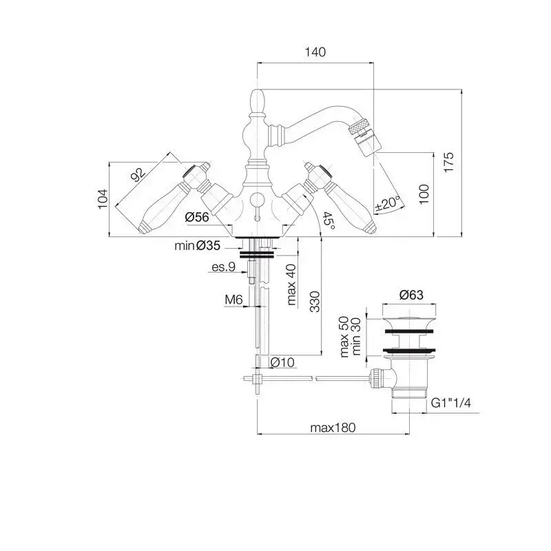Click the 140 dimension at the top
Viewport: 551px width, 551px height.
point(315,52)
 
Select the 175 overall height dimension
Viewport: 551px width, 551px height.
point(449,162)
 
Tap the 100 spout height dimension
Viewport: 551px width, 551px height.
point(424,194)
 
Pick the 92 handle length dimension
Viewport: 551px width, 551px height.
point(138,175)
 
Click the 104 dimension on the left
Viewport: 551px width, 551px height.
point(103,199)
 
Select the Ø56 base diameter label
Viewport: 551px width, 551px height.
point(197,217)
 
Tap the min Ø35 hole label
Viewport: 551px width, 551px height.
point(198,245)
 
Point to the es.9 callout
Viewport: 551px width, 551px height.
point(223,267)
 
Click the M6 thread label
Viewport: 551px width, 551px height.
point(233,300)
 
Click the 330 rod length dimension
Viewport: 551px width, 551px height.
point(315,302)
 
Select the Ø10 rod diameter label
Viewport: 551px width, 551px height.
point(282,362)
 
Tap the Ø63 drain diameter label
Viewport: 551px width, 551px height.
point(411,295)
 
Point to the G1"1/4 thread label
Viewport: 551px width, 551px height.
point(451,403)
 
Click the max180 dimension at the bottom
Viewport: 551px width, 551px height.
point(333,428)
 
